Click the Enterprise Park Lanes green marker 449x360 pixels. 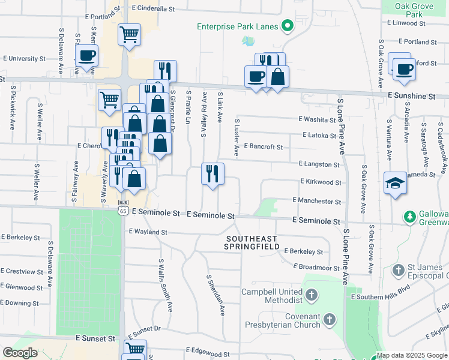point(287,26)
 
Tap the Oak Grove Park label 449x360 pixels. point(414,10)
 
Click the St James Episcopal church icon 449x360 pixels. point(398,271)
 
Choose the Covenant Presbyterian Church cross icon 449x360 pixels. point(329,320)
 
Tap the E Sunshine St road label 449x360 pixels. point(411,96)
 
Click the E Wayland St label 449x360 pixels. point(147,232)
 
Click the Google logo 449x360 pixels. point(20,353)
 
